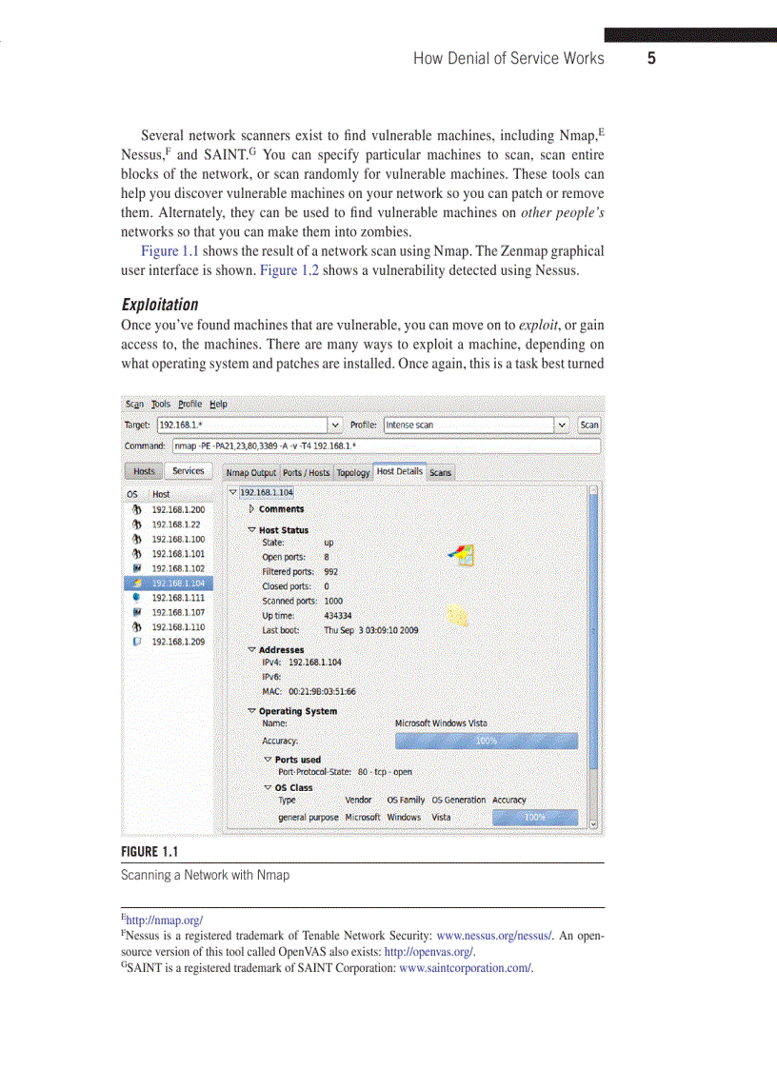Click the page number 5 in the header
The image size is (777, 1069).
pyautogui.click(x=651, y=59)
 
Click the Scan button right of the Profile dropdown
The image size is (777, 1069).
pyautogui.click(x=589, y=425)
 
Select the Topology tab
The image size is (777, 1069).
pyautogui.click(x=352, y=472)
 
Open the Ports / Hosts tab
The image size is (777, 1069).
pyautogui.click(x=306, y=472)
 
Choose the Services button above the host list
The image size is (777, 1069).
pyautogui.click(x=188, y=471)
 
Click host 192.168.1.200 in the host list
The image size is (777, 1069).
pyautogui.click(x=178, y=510)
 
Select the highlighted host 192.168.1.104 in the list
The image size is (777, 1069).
pyautogui.click(x=178, y=583)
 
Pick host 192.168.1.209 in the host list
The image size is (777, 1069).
pyautogui.click(x=178, y=642)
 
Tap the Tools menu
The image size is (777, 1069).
pyautogui.click(x=160, y=404)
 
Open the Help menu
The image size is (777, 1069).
pyautogui.click(x=218, y=404)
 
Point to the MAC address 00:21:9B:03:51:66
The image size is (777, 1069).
pyautogui.click(x=322, y=691)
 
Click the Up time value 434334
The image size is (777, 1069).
pyautogui.click(x=338, y=616)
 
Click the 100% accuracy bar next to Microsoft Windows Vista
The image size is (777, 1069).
pyautogui.click(x=486, y=741)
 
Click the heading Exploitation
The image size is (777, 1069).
pyautogui.click(x=160, y=305)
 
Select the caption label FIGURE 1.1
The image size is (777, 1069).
pyautogui.click(x=149, y=851)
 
